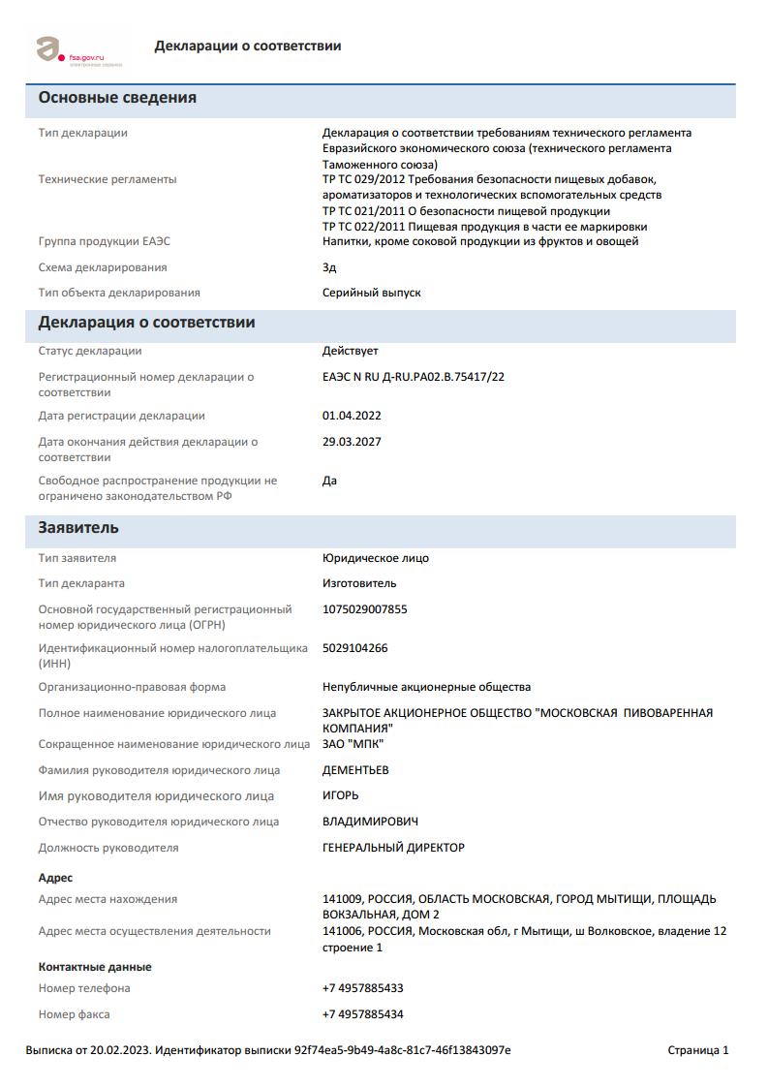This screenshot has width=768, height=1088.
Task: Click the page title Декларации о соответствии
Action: [x=247, y=46]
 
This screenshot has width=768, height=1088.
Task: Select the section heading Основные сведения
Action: [x=117, y=98]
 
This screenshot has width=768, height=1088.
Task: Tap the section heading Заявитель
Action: [x=78, y=528]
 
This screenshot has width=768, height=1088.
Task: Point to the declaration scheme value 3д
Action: [x=329, y=267]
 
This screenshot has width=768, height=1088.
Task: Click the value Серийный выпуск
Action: [x=371, y=293]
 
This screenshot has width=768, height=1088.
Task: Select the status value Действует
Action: [x=350, y=351]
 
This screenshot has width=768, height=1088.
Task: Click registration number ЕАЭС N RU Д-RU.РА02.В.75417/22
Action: [x=413, y=377]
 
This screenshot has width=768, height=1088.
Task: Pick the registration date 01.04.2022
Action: [x=352, y=416]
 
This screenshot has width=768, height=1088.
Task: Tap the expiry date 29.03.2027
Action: [x=352, y=442]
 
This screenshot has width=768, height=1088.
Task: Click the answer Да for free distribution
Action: [x=329, y=481]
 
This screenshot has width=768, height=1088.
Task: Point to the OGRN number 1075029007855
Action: [x=364, y=609]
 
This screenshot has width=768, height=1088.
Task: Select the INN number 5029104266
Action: [x=354, y=648]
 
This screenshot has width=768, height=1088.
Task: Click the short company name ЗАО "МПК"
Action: [x=353, y=744]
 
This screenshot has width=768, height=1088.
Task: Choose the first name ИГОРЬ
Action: [x=340, y=795]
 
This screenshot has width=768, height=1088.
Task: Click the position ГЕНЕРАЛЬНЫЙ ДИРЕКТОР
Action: [x=393, y=848]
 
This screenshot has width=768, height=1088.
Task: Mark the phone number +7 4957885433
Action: [x=362, y=988]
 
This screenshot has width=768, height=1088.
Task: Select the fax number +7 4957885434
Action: [x=362, y=1014]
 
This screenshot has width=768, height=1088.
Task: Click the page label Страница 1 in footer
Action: [x=697, y=1050]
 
